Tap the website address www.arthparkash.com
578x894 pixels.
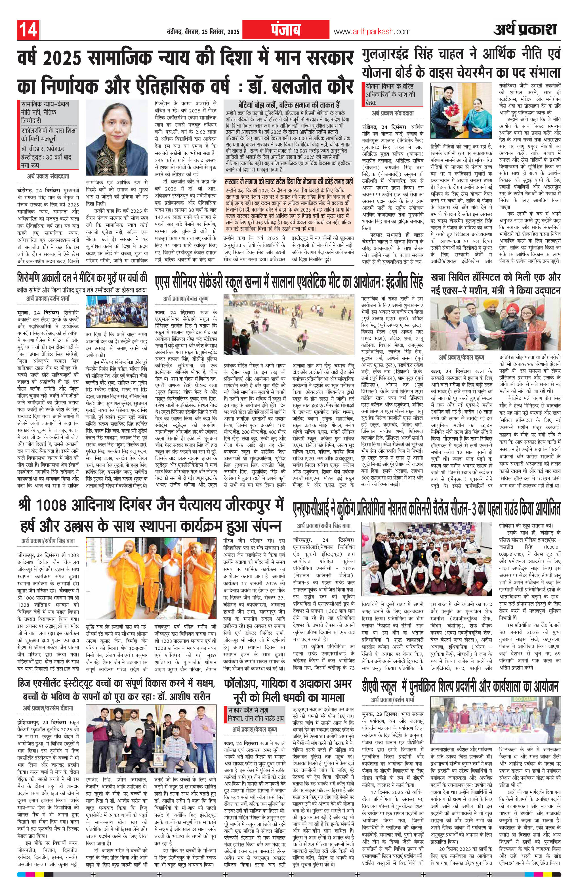click(372, 32)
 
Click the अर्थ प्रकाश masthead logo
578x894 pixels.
click(525, 30)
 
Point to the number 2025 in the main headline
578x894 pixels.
click(61, 59)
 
